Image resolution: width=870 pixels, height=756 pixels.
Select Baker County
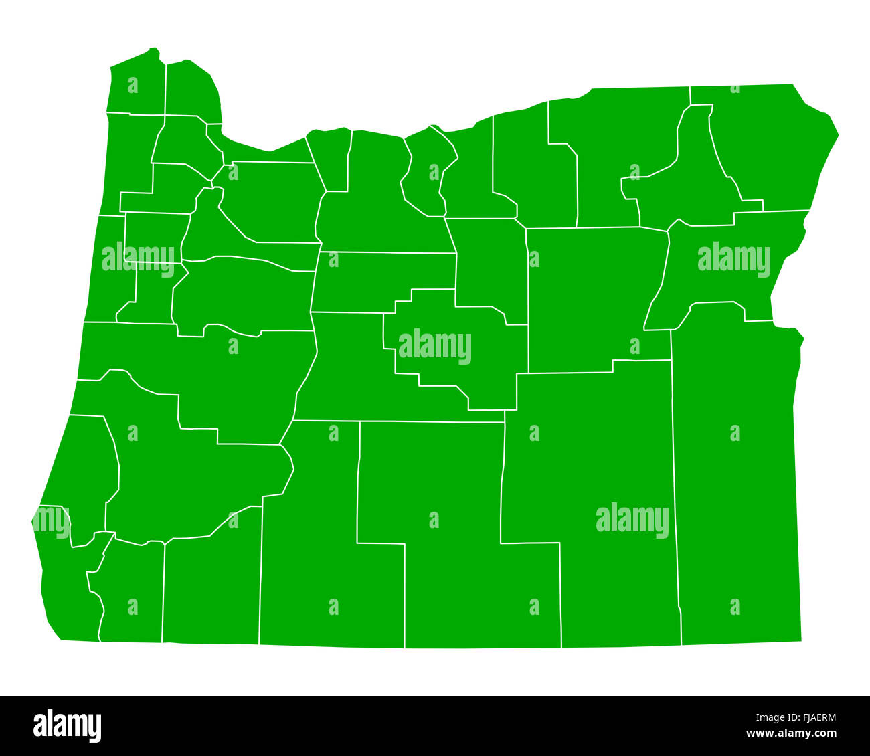click(x=723, y=268)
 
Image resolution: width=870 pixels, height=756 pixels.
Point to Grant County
click(x=596, y=294)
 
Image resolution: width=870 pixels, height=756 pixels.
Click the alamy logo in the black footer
click(x=68, y=727)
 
